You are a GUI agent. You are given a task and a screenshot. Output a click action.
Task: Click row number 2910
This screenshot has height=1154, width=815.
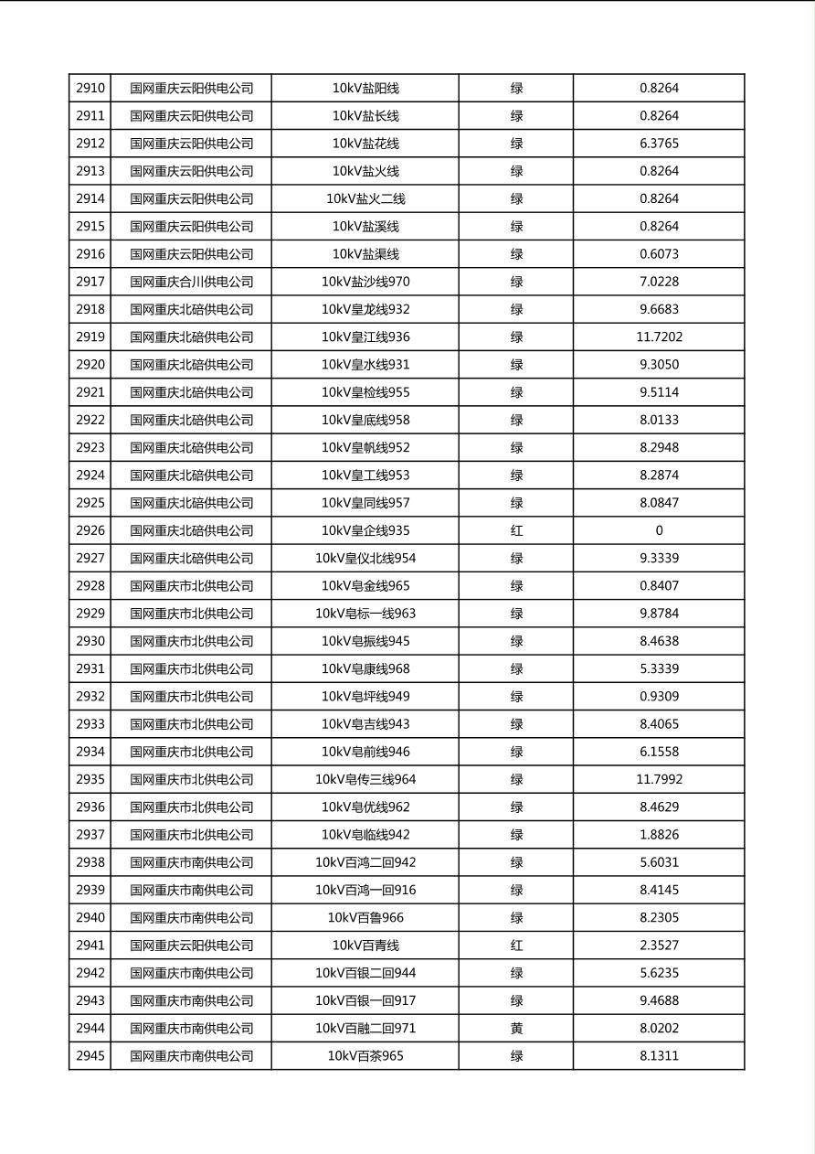coord(90,89)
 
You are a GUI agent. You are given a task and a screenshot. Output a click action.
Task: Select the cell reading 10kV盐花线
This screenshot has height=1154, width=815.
coord(365,144)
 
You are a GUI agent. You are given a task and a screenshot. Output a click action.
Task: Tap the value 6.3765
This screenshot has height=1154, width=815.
coord(659,144)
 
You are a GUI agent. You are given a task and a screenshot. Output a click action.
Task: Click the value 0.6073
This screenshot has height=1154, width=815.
coord(659,254)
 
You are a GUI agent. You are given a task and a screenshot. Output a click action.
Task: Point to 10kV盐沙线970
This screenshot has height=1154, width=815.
coord(365,282)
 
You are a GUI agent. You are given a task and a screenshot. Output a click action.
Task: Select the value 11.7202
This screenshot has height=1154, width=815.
coord(659,337)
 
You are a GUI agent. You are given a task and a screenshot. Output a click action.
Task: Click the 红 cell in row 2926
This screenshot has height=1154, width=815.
coord(516,530)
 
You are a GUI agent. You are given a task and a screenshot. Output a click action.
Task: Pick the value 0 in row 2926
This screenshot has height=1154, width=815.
coord(659,530)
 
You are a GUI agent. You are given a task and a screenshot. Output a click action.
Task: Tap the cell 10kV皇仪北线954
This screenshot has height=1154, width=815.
coord(365,559)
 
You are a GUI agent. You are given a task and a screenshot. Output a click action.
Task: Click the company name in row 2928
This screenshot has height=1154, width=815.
coord(191,586)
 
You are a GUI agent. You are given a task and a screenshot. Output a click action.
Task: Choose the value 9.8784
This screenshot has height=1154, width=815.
coord(659,614)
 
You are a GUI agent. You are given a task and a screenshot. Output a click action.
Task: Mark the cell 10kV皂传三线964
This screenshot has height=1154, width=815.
coord(365,780)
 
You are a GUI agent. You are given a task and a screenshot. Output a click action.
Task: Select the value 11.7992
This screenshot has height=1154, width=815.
coord(659,780)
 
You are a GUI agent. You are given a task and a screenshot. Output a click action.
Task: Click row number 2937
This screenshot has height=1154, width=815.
coord(90,835)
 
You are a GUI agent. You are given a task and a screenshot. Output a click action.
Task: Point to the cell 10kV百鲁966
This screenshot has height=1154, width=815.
coord(365,918)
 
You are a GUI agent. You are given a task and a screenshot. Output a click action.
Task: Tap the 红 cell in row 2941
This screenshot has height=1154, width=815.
coord(516,946)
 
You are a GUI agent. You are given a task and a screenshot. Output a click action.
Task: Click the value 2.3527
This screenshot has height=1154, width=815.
coord(659,946)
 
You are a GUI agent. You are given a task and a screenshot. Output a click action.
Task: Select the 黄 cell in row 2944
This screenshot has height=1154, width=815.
coord(516,1029)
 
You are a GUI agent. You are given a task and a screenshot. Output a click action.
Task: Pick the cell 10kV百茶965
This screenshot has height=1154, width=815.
coord(365,1056)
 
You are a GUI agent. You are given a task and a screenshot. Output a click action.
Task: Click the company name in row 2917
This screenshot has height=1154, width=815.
coord(191,282)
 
